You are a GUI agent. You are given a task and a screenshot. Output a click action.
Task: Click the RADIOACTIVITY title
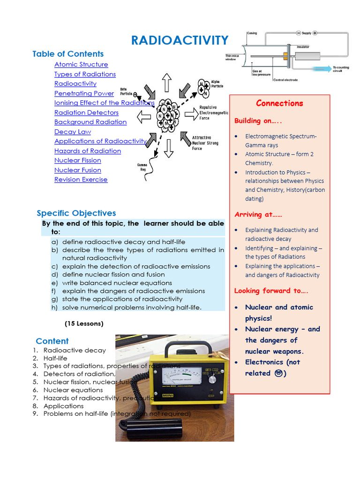click(180, 40)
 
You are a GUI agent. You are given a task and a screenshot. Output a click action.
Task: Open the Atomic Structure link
click(81, 65)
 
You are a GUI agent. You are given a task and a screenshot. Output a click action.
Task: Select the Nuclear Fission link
click(78, 160)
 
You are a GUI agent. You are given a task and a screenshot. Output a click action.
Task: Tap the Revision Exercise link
click(81, 180)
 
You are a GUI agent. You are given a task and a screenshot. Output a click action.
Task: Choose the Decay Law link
click(73, 132)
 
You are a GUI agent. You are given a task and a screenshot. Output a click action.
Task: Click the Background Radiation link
click(90, 122)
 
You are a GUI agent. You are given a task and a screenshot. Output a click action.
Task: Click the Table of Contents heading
click(68, 54)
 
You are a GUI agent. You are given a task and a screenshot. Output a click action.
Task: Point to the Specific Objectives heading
click(76, 213)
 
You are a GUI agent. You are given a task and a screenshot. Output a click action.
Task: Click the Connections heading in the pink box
click(279, 104)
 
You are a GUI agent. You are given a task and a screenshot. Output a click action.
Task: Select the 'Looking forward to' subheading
click(271, 291)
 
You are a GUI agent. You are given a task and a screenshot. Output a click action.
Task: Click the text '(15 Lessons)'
click(84, 323)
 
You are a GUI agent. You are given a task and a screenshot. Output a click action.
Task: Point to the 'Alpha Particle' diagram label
click(215, 83)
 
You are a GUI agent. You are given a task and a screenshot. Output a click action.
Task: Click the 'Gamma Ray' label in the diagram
click(142, 166)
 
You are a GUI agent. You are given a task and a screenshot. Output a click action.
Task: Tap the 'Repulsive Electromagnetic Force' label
click(214, 112)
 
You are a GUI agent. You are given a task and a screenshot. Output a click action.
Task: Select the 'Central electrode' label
click(285, 80)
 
